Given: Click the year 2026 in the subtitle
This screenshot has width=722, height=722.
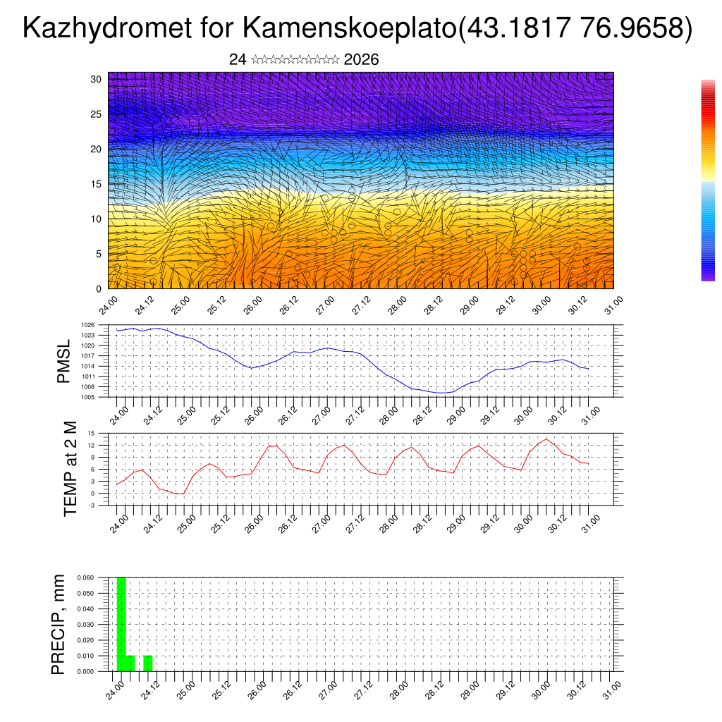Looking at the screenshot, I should tap(361, 60).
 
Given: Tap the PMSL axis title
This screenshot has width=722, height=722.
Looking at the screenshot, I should tap(64, 361).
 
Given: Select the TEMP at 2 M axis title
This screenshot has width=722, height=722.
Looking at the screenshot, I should tap(70, 469).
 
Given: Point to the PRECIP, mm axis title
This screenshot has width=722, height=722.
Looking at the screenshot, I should tap(59, 624).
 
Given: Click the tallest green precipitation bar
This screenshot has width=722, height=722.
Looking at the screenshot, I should tap(121, 624).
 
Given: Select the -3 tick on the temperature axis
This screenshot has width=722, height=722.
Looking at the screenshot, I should tap(91, 505).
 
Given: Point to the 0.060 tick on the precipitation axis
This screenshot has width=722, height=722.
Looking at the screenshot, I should tap(85, 577).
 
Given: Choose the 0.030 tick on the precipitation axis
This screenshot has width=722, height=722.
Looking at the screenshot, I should tap(85, 625).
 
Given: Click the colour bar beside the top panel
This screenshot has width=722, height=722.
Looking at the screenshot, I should tap(708, 180).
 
